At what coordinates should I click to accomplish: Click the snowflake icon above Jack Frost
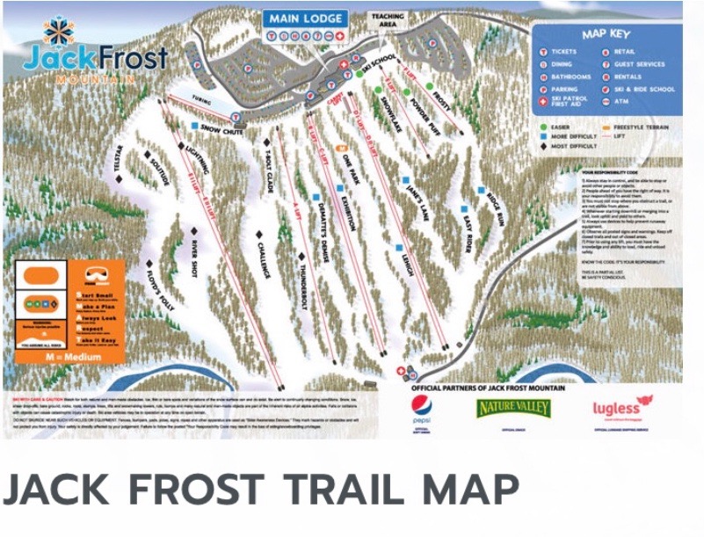[61, 32]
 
